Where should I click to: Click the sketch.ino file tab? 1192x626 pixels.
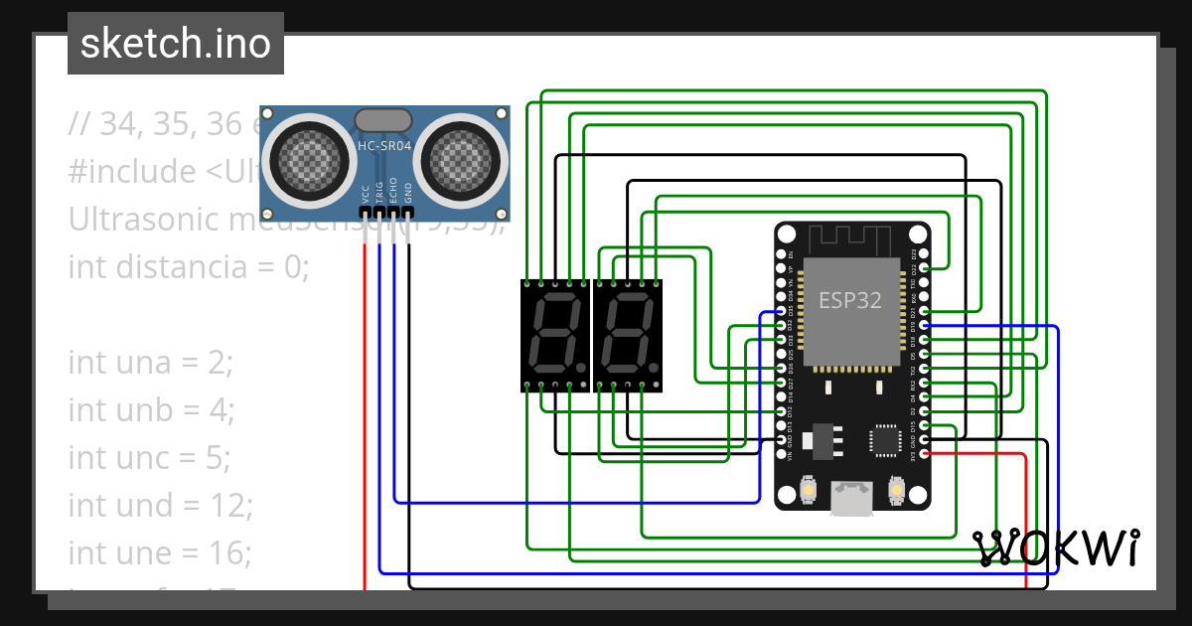pyautogui.click(x=176, y=44)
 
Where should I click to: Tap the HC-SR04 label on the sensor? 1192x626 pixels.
pyautogui.click(x=384, y=146)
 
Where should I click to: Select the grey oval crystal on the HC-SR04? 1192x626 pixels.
pyautogui.click(x=382, y=120)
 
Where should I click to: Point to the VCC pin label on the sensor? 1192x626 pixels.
pyautogui.click(x=366, y=193)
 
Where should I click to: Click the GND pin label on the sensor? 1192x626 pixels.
pyautogui.click(x=408, y=193)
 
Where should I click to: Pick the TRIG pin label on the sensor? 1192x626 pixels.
pyautogui.click(x=379, y=192)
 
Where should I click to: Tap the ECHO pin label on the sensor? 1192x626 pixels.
pyautogui.click(x=394, y=191)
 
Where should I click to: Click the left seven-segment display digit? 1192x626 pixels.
pyautogui.click(x=554, y=336)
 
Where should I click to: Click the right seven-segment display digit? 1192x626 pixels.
pyautogui.click(x=627, y=336)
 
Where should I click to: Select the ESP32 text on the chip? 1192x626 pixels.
pyautogui.click(x=849, y=301)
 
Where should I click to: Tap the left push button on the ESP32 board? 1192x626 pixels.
pyautogui.click(x=809, y=491)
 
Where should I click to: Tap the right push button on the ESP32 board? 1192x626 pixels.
pyautogui.click(x=896, y=491)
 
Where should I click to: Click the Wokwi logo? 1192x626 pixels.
pyautogui.click(x=1056, y=548)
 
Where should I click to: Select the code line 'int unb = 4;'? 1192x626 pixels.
pyautogui.click(x=150, y=410)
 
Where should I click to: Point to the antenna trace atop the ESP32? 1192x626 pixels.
pyautogui.click(x=851, y=239)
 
